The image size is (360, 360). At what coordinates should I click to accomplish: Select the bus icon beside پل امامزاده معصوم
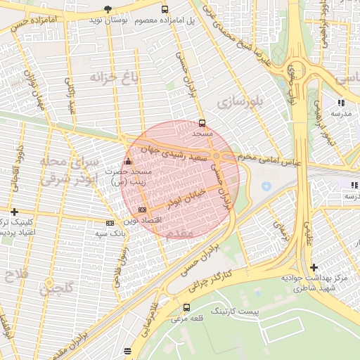[165, 10]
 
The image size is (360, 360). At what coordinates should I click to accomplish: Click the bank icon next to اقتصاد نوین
[143, 210]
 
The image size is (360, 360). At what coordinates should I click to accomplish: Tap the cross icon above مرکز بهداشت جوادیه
[314, 268]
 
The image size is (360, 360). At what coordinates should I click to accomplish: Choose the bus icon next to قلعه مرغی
[186, 307]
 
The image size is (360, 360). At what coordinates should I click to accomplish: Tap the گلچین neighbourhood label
[56, 288]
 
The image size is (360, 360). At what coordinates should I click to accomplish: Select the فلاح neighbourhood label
[15, 271]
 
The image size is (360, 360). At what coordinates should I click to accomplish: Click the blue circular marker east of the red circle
[266, 186]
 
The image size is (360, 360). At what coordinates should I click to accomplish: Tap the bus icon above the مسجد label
[202, 123]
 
